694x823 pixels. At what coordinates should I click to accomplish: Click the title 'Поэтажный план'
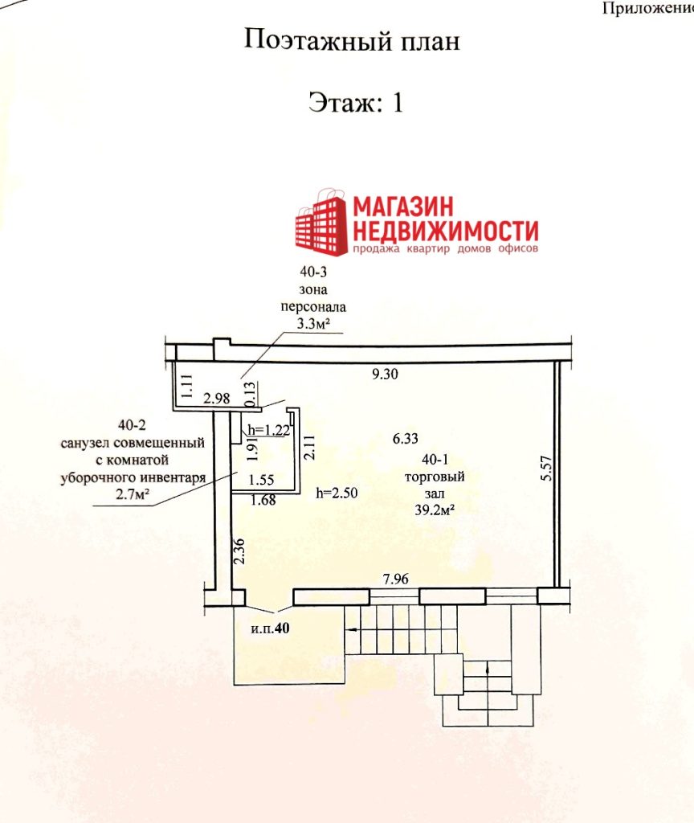(x=352, y=41)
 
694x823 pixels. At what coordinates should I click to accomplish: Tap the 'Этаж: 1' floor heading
(x=356, y=102)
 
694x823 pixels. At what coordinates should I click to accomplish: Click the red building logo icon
(x=321, y=223)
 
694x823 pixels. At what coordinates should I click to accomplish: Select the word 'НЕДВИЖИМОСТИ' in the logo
(x=445, y=231)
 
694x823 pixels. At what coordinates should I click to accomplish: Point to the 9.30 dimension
(x=385, y=374)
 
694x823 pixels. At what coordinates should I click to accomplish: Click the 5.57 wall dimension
(x=546, y=469)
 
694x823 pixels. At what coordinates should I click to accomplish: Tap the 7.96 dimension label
(x=395, y=579)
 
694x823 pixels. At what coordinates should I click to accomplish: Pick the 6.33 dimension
(x=405, y=438)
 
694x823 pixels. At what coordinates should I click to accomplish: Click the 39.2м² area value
(x=435, y=510)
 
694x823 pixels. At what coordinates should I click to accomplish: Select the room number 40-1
(x=435, y=459)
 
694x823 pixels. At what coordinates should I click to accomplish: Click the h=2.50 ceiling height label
(x=337, y=493)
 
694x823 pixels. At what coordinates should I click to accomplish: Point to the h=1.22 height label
(x=268, y=431)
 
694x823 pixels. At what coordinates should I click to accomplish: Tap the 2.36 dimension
(x=239, y=551)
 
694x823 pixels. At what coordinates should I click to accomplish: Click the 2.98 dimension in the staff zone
(x=217, y=399)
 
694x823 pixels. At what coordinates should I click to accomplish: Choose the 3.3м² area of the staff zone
(x=313, y=323)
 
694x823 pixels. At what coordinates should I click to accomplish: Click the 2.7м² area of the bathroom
(x=133, y=494)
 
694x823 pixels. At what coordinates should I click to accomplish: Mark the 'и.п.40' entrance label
(x=270, y=629)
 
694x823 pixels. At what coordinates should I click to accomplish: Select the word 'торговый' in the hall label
(x=435, y=477)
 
